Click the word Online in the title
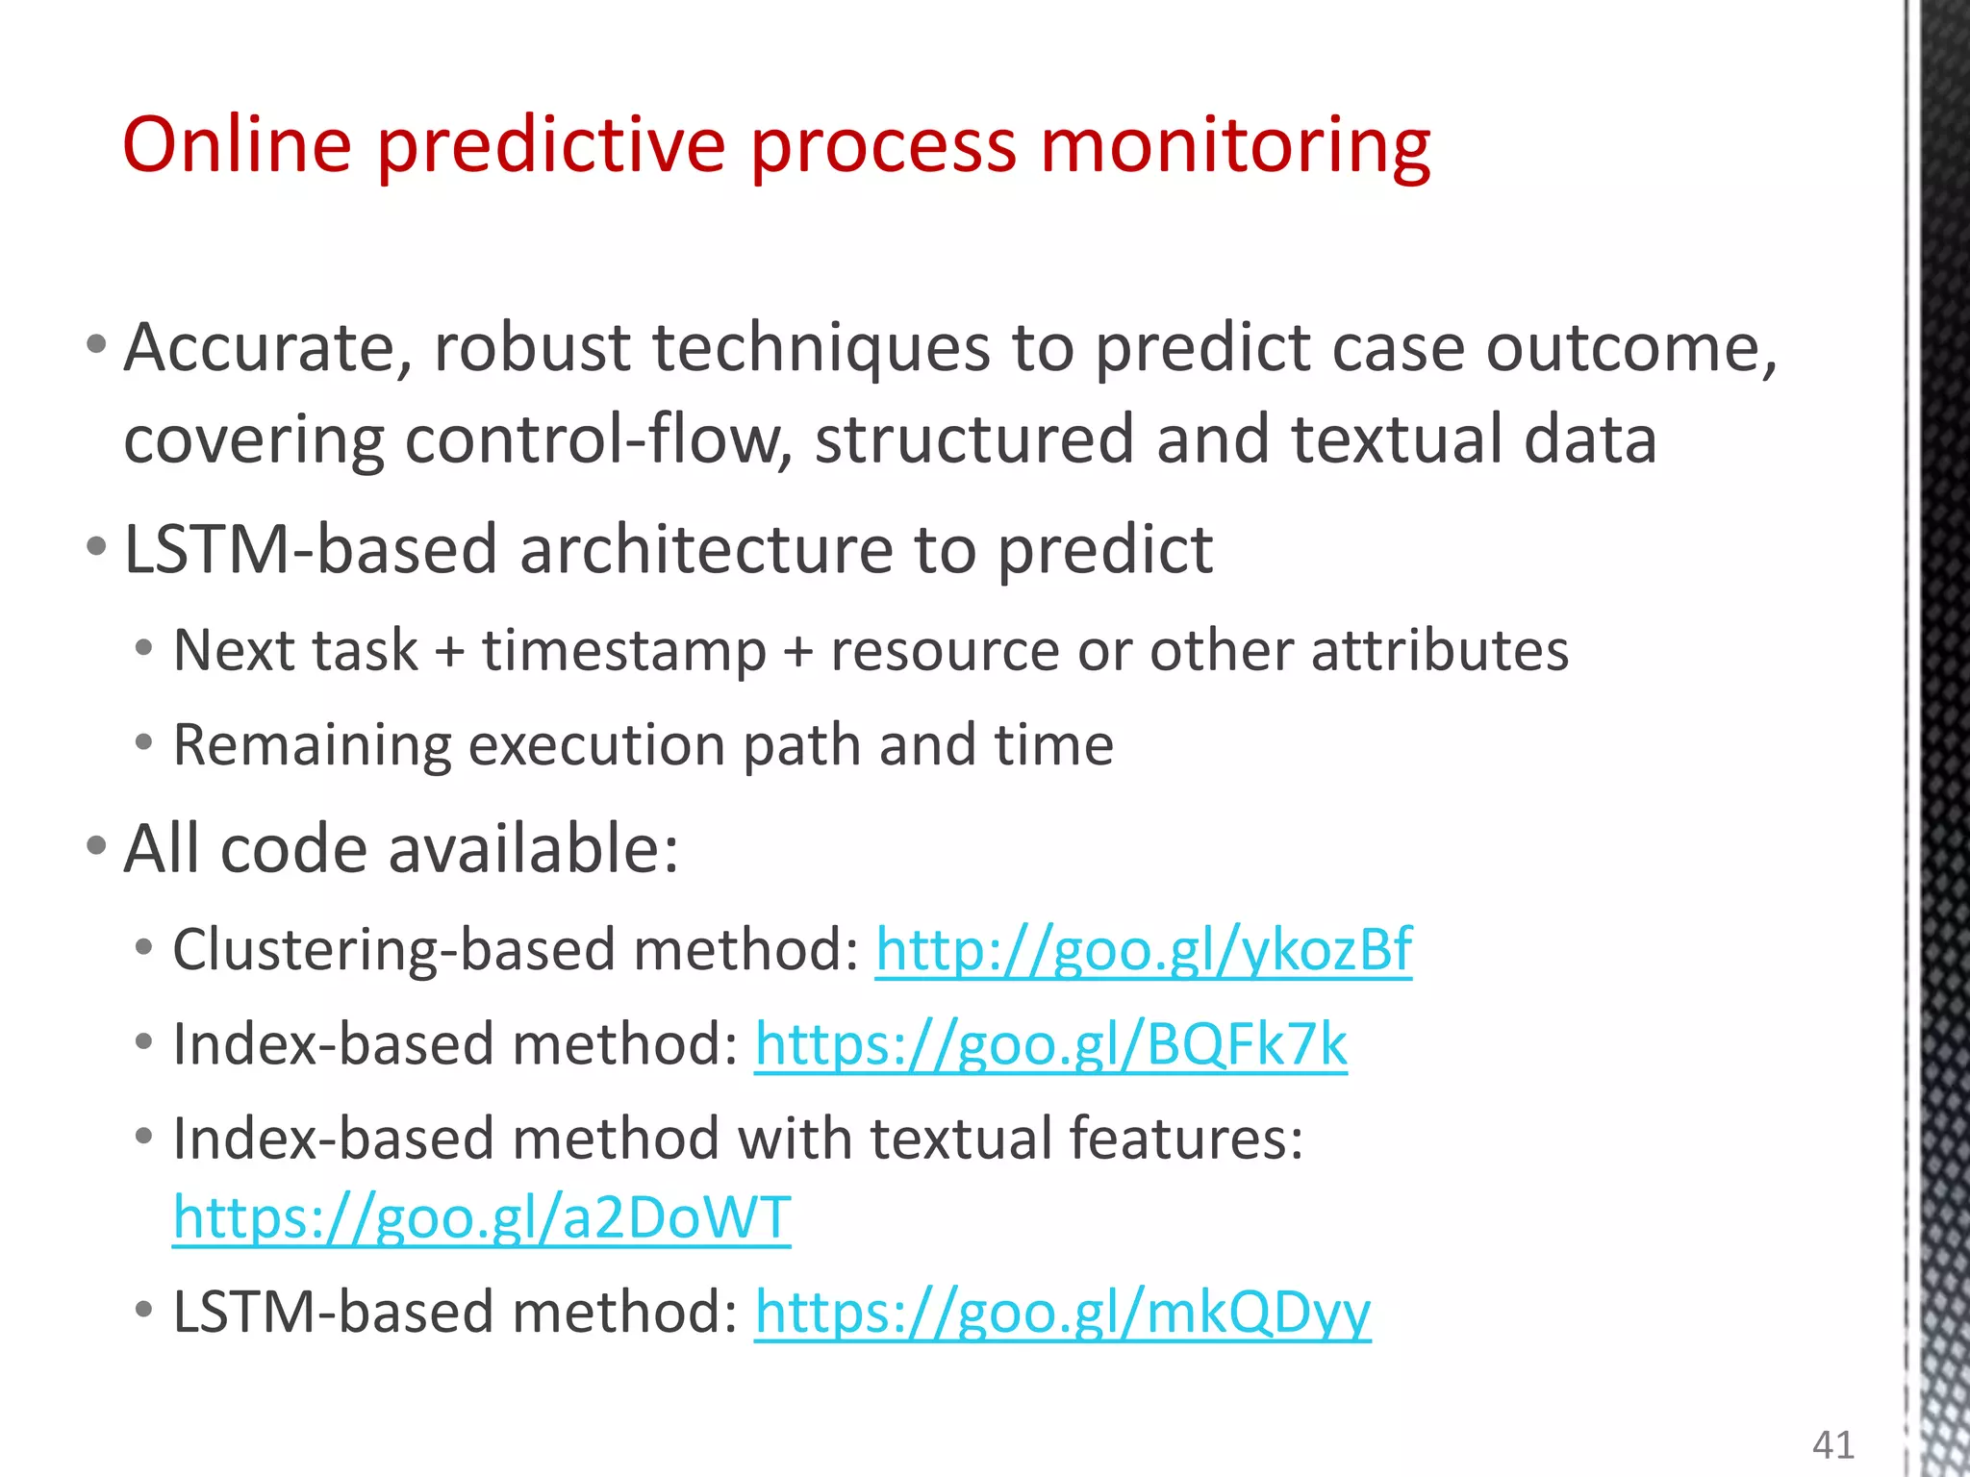237,145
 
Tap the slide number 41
1832,1444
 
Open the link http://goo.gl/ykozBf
1143,950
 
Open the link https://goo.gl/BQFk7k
1050,1044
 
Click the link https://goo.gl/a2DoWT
481,1217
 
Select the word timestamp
623,651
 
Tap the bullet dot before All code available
95,846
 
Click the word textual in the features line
962,1139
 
